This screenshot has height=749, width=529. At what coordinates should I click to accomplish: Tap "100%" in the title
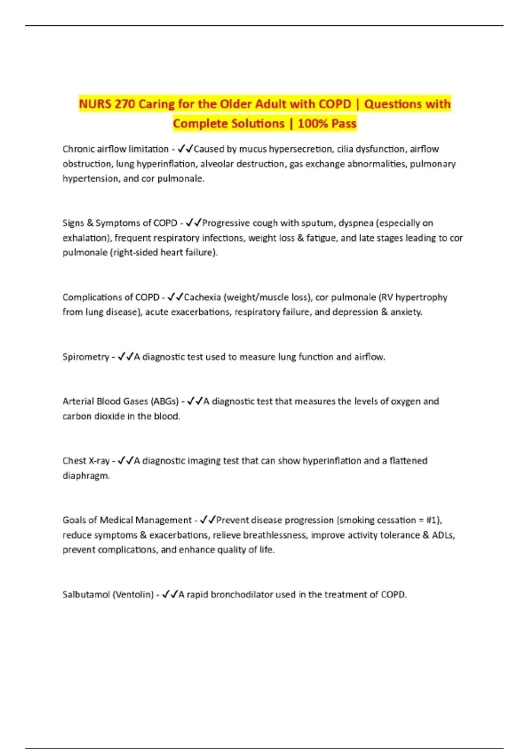[x=312, y=124]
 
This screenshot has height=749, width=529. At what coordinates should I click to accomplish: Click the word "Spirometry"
[x=86, y=357]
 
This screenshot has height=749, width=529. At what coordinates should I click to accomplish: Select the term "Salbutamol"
[x=86, y=595]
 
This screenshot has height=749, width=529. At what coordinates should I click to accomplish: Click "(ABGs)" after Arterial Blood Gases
[x=165, y=401]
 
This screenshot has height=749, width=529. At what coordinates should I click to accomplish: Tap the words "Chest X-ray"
[x=86, y=461]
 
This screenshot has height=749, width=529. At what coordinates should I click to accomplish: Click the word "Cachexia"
[x=202, y=297]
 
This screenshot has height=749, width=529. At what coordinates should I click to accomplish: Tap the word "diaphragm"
[x=86, y=476]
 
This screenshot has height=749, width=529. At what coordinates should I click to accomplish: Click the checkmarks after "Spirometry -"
[x=125, y=357]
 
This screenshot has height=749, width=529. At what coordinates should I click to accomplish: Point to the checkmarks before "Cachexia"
[x=175, y=297]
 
